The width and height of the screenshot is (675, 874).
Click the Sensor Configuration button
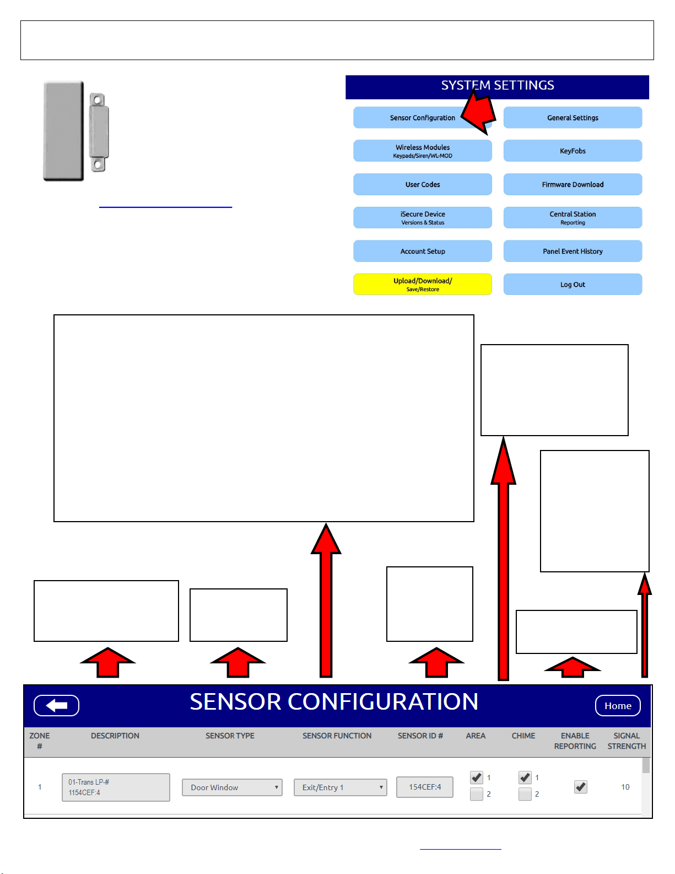tap(422, 118)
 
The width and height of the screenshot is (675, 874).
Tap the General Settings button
tap(573, 118)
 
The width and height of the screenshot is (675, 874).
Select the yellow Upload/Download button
tap(422, 285)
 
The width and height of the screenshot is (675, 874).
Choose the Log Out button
tap(573, 285)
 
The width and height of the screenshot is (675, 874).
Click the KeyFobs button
tap(573, 151)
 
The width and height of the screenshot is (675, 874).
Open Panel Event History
tap(573, 251)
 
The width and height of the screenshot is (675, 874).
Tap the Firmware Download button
tap(573, 185)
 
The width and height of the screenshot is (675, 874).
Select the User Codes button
tap(422, 185)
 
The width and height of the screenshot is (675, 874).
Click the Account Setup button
tap(422, 251)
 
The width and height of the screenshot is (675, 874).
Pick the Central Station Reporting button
tap(573, 218)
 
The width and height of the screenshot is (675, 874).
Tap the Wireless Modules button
tap(422, 151)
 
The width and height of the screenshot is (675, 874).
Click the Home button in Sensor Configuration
tap(618, 706)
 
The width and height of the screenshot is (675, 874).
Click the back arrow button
tap(57, 706)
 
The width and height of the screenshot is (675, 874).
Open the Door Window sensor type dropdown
tap(232, 787)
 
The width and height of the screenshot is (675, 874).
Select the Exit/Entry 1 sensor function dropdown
tap(340, 787)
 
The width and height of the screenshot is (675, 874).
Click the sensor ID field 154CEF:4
tap(425, 787)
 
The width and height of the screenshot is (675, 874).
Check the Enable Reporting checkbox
tap(581, 787)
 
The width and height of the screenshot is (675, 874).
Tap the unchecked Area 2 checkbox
tap(477, 794)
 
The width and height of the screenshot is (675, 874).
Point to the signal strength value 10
tap(625, 787)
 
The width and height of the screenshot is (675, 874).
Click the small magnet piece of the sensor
tap(98, 132)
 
